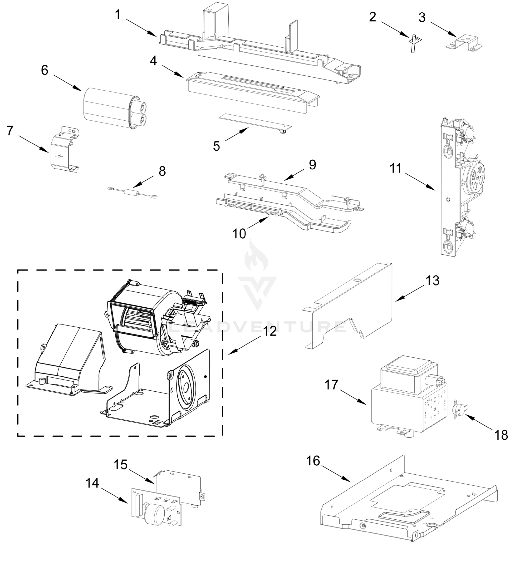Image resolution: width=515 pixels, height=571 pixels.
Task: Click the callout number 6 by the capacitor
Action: pos(44,70)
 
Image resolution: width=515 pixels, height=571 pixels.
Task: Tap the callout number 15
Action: pos(121,464)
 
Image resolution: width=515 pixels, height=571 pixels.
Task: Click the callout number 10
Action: pos(239,234)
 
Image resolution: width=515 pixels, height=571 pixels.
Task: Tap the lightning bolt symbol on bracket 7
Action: pos(60,156)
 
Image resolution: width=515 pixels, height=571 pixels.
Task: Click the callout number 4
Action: pos(153,61)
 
